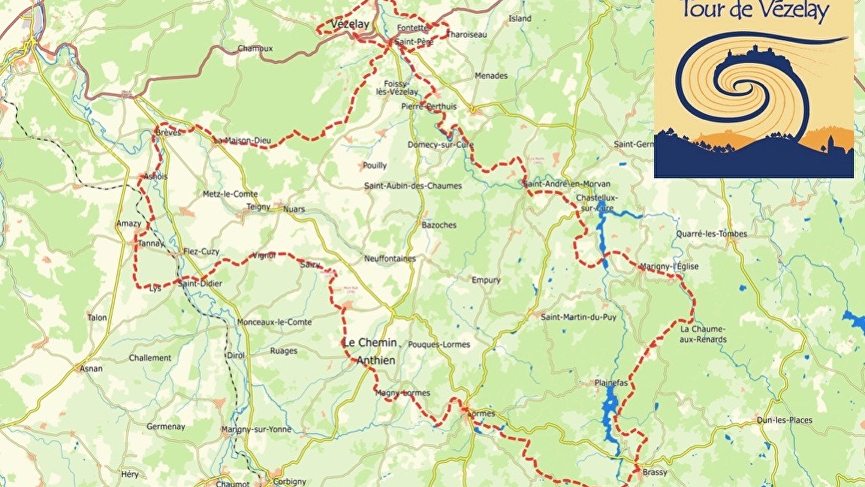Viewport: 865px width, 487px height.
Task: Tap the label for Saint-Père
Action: click(x=414, y=42)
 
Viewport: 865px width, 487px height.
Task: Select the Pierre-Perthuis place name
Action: click(x=428, y=107)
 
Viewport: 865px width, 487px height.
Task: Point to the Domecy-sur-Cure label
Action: click(x=440, y=145)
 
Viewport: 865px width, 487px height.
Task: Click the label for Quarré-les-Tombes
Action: click(x=711, y=234)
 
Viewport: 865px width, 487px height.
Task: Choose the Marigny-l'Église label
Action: click(x=669, y=266)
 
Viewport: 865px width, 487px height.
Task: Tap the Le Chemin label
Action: click(x=369, y=343)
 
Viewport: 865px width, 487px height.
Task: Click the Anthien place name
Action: click(x=375, y=360)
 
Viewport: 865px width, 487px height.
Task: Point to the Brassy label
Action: click(x=655, y=472)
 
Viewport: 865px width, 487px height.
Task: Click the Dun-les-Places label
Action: click(x=784, y=420)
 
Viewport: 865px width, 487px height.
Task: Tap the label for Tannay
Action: click(x=150, y=243)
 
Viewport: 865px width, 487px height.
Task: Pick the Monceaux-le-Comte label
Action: click(x=274, y=322)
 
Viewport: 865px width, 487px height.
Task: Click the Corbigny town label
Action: click(x=289, y=481)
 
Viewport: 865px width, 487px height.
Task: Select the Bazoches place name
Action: click(x=439, y=225)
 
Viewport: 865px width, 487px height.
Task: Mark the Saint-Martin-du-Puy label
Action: click(x=578, y=317)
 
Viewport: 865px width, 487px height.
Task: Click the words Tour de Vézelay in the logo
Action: click(x=755, y=10)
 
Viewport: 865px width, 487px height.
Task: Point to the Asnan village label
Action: click(x=91, y=368)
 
